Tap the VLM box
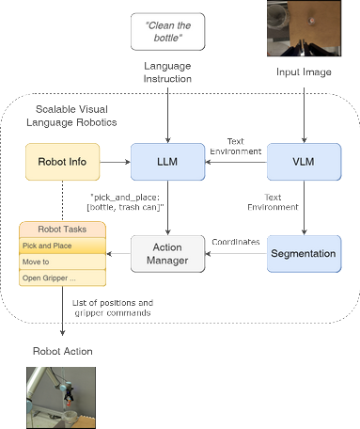tap(302, 162)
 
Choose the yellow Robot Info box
tap(62, 162)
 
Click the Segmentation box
tap(302, 253)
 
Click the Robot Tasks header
tap(62, 230)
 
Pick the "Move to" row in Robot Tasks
tap(62, 262)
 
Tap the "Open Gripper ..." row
tap(62, 278)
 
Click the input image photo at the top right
tap(302, 29)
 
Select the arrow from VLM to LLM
tap(237, 162)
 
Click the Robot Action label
tap(63, 350)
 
